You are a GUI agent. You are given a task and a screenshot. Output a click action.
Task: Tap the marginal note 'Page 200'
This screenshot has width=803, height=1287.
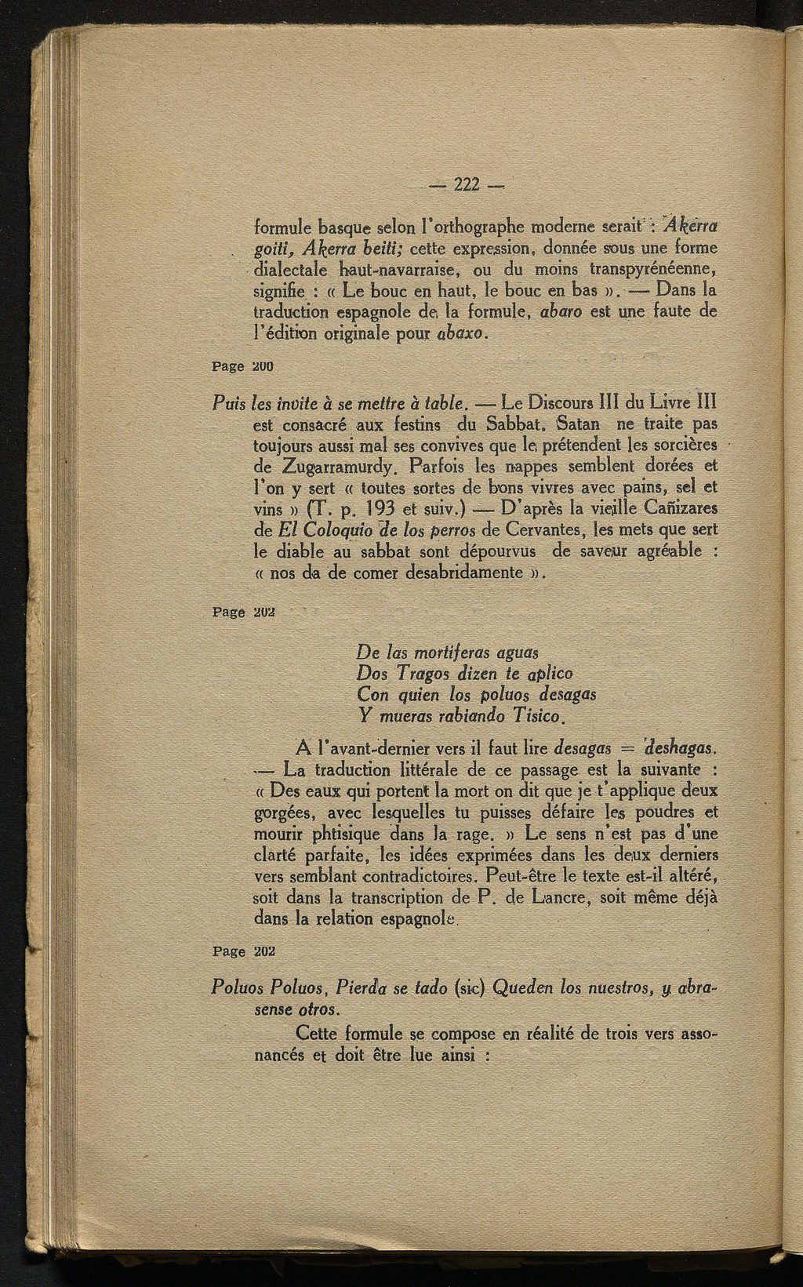click(242, 365)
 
